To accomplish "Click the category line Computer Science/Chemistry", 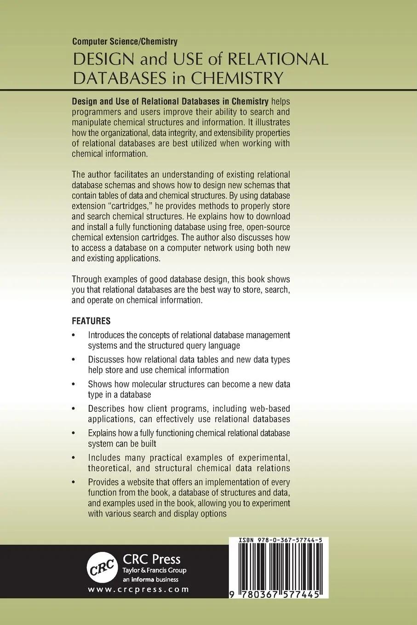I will pos(125,42).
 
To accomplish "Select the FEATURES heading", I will pos(91,320).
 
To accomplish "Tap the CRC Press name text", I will pos(151,559).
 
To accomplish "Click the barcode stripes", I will pos(276,568).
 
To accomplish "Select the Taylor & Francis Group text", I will pos(154,570).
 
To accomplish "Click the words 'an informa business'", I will pos(148,579).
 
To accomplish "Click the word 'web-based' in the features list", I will pos(271,409).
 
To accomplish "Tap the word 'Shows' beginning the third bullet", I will pos(99,384).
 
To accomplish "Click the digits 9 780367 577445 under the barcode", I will pos(276,593).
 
